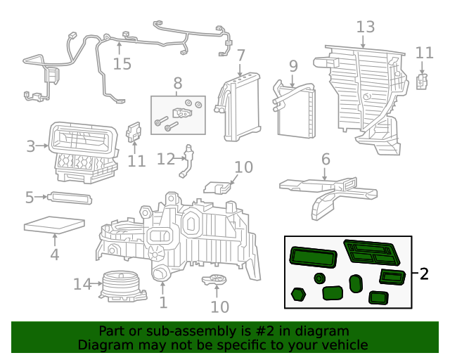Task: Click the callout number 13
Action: coord(366,27)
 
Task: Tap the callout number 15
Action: coord(122,64)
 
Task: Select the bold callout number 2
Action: coord(424,274)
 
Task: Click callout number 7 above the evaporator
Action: coord(240,56)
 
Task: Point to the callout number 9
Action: coord(293,66)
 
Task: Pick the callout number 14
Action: coord(82,284)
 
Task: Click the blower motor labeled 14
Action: coord(123,286)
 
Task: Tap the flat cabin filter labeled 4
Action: coord(55,224)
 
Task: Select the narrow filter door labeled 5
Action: coord(70,198)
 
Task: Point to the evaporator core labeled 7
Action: coord(238,108)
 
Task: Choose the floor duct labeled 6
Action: coord(328,194)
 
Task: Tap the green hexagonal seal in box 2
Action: coord(298,295)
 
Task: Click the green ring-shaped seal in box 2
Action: coord(319,278)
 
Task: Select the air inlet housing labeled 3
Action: coord(83,152)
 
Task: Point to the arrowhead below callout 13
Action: coord(363,46)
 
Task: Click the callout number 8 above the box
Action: coord(178,83)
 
